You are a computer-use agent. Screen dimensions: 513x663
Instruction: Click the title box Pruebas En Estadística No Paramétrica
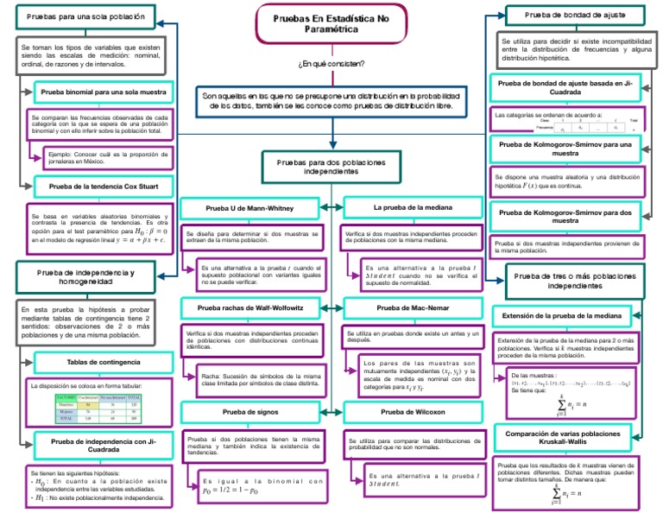click(x=331, y=23)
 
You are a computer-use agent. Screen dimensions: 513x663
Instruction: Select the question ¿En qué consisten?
click(x=331, y=64)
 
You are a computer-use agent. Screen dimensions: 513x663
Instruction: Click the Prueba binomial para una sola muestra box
click(x=104, y=91)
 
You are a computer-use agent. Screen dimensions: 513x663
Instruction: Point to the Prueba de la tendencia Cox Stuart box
click(x=104, y=185)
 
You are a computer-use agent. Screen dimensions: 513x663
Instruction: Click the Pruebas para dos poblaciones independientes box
click(x=331, y=166)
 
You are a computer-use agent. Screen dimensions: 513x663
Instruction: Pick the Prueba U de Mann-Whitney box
click(x=250, y=209)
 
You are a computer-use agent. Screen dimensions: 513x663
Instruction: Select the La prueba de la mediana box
click(x=412, y=208)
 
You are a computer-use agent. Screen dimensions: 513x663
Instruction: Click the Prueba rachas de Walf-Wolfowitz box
click(x=250, y=307)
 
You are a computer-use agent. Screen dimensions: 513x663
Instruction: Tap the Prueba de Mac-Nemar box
click(x=412, y=307)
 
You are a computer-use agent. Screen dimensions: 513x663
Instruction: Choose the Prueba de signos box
click(x=250, y=412)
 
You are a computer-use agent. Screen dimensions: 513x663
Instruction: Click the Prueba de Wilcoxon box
click(x=412, y=412)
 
